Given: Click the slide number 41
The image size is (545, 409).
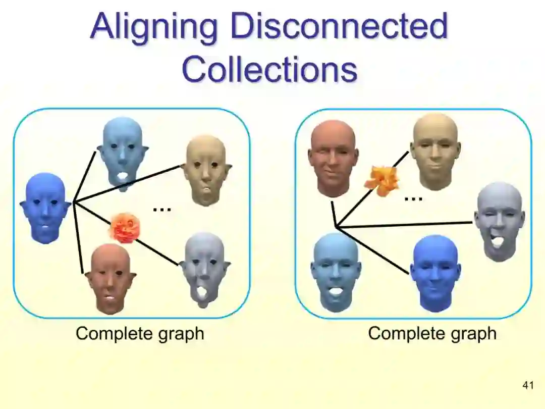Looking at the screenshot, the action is (528, 386).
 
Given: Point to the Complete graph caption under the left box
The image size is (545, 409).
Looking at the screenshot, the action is (140, 333).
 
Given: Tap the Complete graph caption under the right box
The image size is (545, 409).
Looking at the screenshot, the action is (432, 333).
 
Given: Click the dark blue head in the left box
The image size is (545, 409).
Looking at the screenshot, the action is (45, 207).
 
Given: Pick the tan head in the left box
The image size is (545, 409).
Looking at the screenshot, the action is (205, 170).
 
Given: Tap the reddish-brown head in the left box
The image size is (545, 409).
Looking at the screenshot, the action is (110, 278).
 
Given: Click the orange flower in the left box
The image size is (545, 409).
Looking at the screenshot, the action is (124, 228).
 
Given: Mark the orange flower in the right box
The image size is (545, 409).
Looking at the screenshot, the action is (382, 180).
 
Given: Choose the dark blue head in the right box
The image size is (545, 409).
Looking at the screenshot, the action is (435, 272).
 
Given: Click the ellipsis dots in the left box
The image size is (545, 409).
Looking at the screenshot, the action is (162, 209).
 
